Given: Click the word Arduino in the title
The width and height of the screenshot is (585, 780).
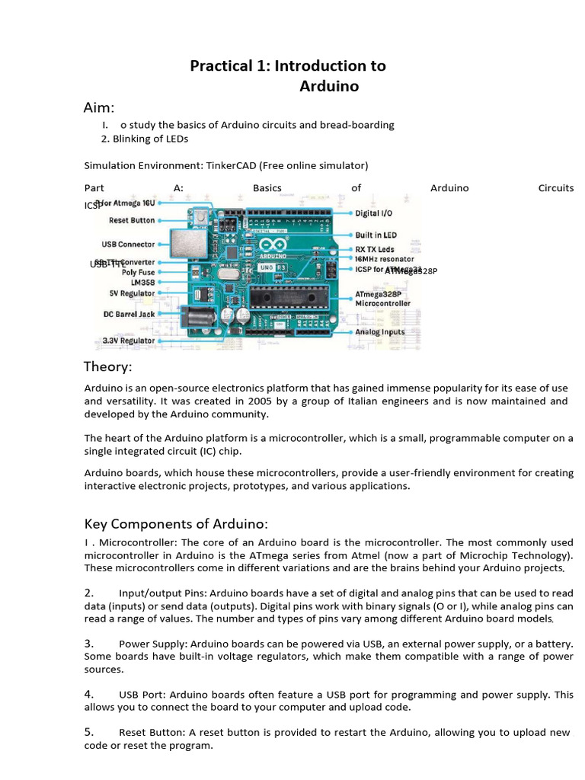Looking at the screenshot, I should (329, 86).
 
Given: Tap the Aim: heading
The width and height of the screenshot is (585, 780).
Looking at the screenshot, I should (99, 107).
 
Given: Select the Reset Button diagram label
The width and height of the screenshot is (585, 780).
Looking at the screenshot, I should (132, 220).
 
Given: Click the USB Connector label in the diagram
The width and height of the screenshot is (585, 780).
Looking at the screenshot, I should (128, 245).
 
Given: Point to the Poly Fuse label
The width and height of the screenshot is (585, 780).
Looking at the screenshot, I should (138, 272).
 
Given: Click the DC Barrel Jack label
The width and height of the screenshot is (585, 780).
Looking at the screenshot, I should (129, 314).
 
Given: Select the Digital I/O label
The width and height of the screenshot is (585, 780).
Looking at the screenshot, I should (374, 213).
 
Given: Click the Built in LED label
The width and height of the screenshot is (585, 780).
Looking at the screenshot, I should (376, 235).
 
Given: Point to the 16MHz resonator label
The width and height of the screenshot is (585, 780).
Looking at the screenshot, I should (385, 259).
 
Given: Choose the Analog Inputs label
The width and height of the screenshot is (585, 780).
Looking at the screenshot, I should (380, 332).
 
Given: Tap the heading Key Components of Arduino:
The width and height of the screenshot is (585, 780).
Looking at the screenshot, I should (176, 524).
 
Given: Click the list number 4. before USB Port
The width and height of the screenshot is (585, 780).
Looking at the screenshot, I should (89, 694).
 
